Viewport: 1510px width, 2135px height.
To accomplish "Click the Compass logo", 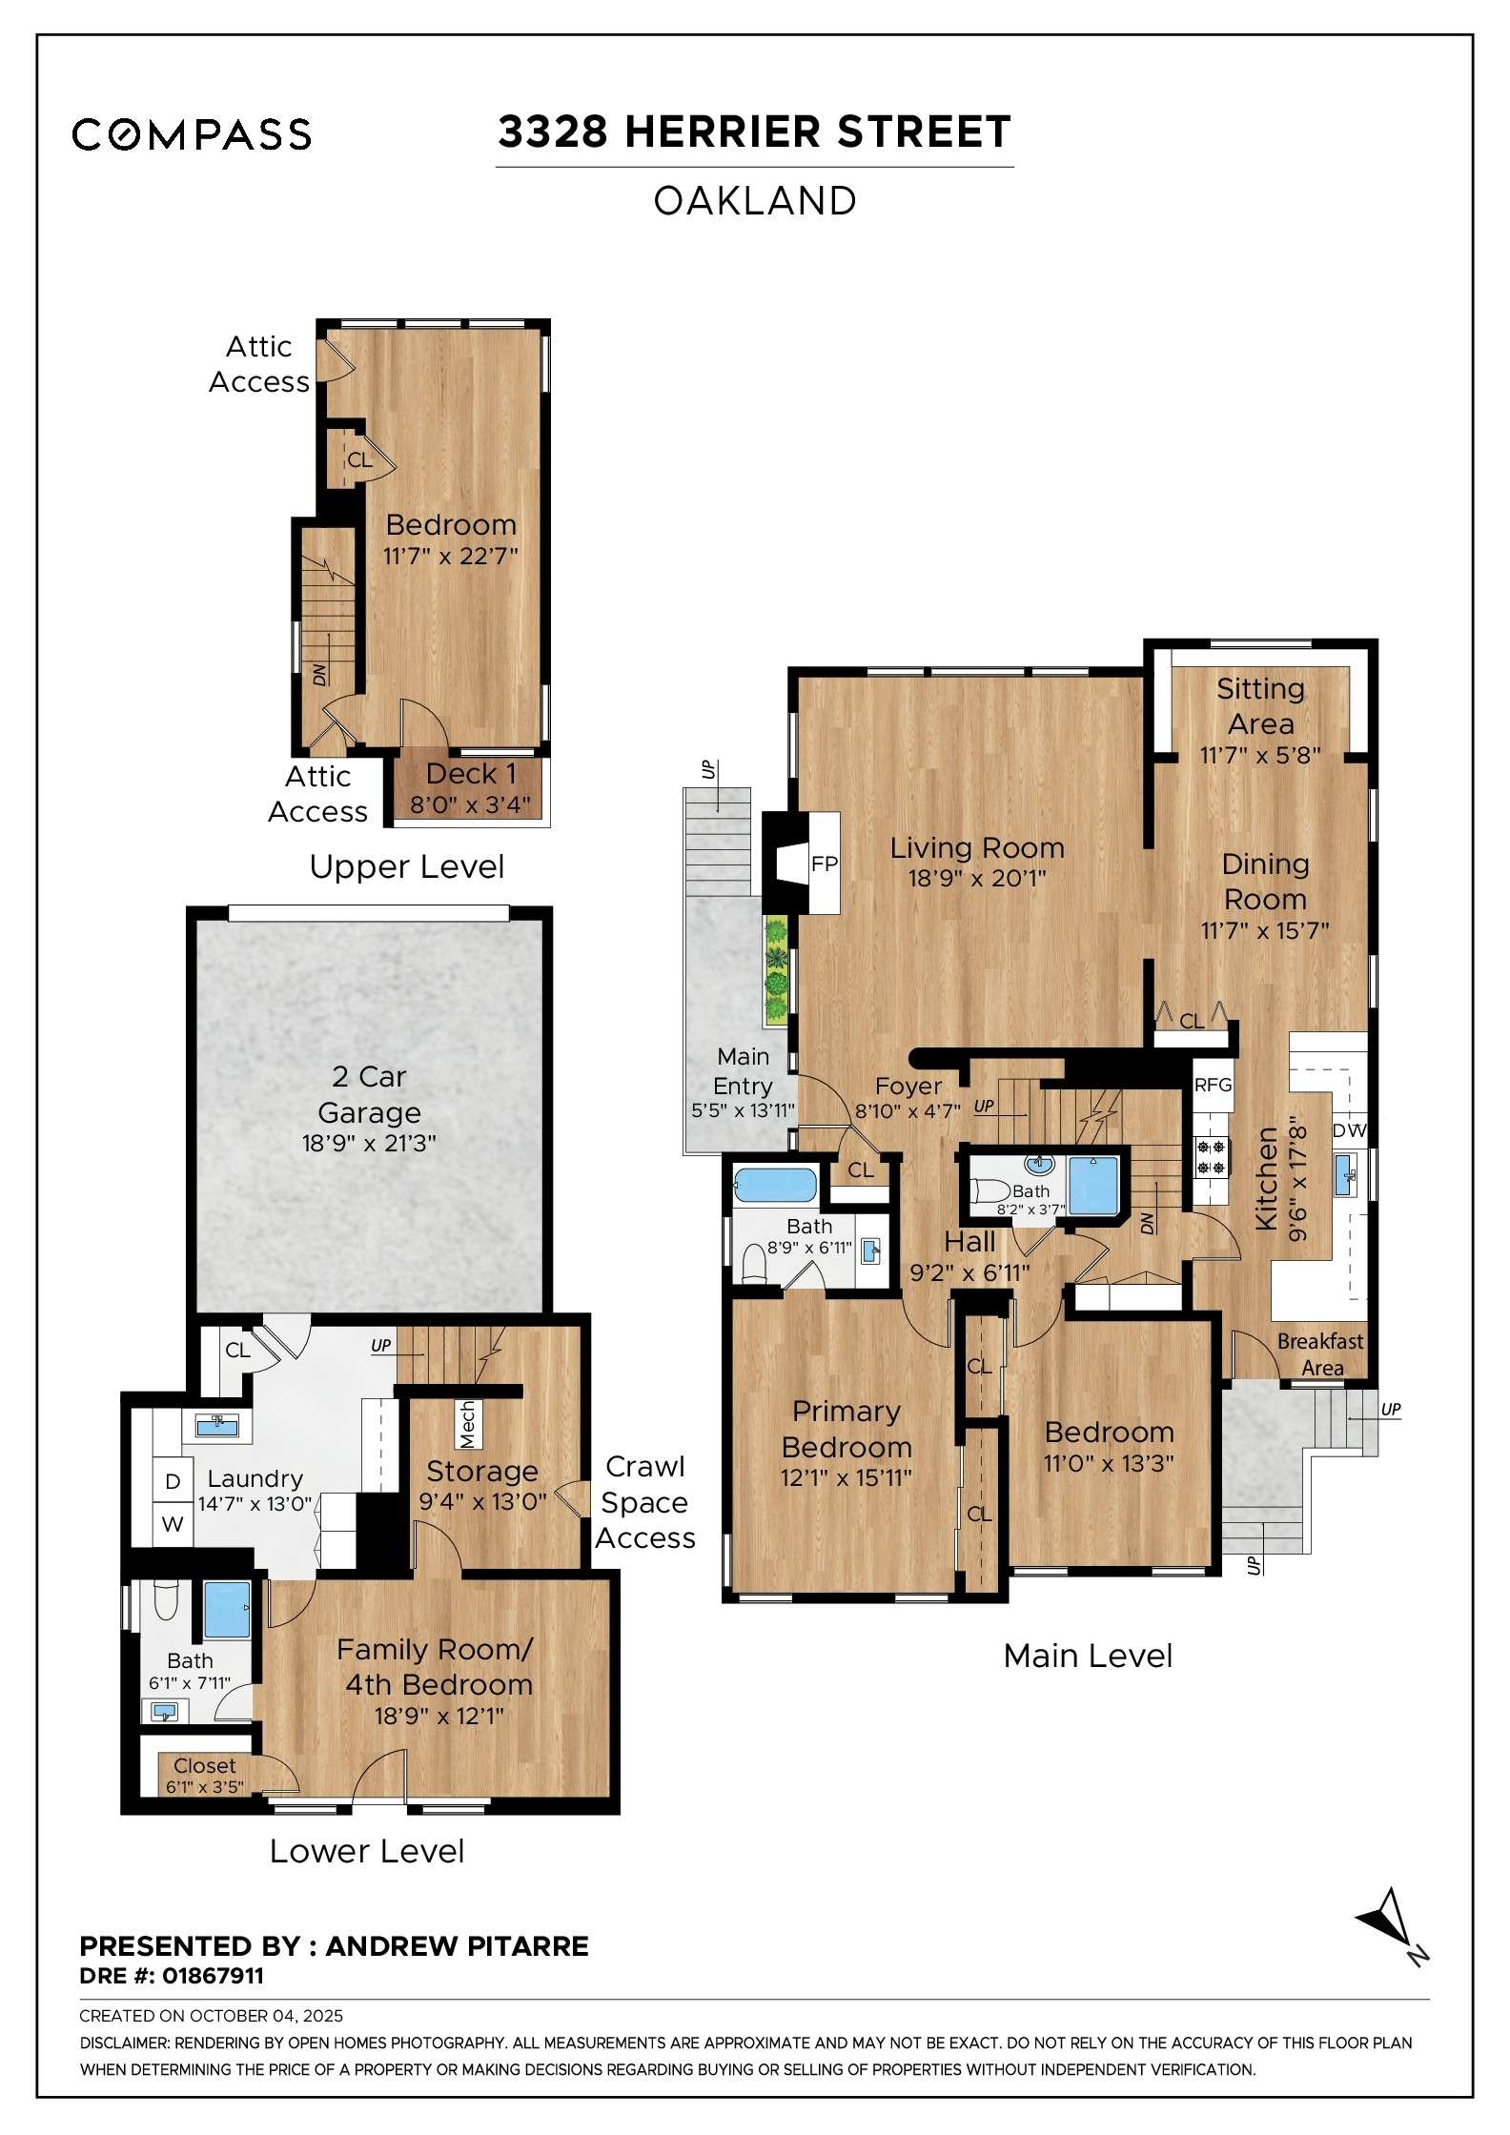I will coord(192,134).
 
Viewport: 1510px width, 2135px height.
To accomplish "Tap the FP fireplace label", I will coord(824,864).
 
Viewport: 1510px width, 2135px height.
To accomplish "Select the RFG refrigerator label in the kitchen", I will coord(1213,1085).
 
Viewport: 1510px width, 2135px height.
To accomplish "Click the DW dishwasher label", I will coord(1349,1130).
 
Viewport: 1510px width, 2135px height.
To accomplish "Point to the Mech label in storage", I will coord(467,1424).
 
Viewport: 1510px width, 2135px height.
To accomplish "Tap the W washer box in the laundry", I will coord(173,1524).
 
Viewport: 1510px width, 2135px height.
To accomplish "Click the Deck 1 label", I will coord(470,774).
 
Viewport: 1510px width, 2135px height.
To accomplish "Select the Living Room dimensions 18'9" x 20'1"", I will coord(976,879).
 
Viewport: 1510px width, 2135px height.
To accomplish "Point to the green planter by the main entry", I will coord(777,968).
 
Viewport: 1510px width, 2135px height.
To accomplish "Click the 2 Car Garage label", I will coord(369,1094).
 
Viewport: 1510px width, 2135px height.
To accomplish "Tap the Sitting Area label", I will coord(1260,705).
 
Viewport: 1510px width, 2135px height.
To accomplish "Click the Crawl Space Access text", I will coord(645,1502).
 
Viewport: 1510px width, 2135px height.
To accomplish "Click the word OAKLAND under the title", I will coord(754,201).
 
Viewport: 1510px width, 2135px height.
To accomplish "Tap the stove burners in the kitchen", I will coord(1211,1156).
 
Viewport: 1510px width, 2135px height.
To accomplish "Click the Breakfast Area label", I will coord(1320,1353).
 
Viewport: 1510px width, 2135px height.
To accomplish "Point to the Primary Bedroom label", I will coord(846,1429).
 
